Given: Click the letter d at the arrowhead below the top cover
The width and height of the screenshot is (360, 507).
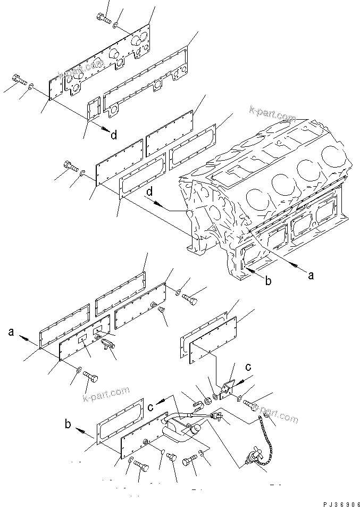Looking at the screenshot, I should point(114,135).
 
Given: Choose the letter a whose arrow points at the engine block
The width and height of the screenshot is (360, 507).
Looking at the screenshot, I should point(311,275).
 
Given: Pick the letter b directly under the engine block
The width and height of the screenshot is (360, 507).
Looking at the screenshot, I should point(269,280).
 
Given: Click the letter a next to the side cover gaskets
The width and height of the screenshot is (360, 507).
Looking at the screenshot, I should point(11,333).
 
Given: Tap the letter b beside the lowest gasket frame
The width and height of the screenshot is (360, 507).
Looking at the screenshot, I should point(68,425).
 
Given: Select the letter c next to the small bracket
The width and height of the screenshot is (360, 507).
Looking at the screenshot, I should point(248,367).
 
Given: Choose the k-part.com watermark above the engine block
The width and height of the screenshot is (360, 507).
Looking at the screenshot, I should point(272,113).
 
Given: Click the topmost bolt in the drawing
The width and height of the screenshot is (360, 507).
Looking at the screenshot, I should point(104,18).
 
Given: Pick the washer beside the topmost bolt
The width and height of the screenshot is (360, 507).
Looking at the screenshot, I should point(116,26).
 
